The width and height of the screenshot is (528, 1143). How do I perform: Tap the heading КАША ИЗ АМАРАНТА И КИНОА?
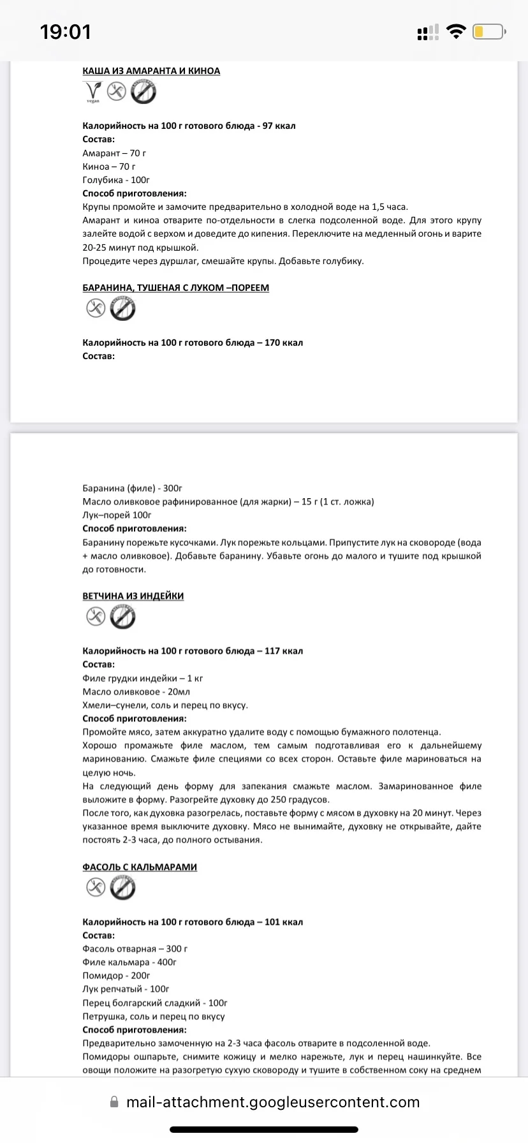click(151, 71)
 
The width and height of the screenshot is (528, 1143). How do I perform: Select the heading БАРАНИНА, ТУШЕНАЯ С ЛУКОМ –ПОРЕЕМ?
click(175, 288)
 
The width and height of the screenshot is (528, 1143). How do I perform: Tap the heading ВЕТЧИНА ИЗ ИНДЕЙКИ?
click(133, 596)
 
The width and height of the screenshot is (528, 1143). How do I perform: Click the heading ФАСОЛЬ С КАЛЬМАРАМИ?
click(140, 867)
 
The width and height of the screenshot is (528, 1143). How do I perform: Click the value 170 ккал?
click(284, 343)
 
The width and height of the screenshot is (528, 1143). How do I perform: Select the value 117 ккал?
click(284, 651)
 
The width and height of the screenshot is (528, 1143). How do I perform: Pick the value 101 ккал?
click(284, 922)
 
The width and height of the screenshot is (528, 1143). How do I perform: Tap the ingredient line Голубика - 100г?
click(116, 180)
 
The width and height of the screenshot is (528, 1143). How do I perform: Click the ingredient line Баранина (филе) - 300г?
click(132, 488)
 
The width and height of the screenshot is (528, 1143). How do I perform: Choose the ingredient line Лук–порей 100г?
click(117, 515)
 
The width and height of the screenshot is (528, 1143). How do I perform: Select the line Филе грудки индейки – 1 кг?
click(142, 678)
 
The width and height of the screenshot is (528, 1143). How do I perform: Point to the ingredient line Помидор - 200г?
click(116, 975)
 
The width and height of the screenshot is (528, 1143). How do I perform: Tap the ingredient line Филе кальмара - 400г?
click(129, 962)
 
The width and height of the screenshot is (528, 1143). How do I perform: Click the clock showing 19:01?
click(65, 32)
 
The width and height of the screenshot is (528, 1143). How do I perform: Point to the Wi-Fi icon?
click(456, 31)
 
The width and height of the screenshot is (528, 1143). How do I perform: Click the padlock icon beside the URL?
click(114, 1102)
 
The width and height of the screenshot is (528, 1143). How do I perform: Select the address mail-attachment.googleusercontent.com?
click(273, 1102)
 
